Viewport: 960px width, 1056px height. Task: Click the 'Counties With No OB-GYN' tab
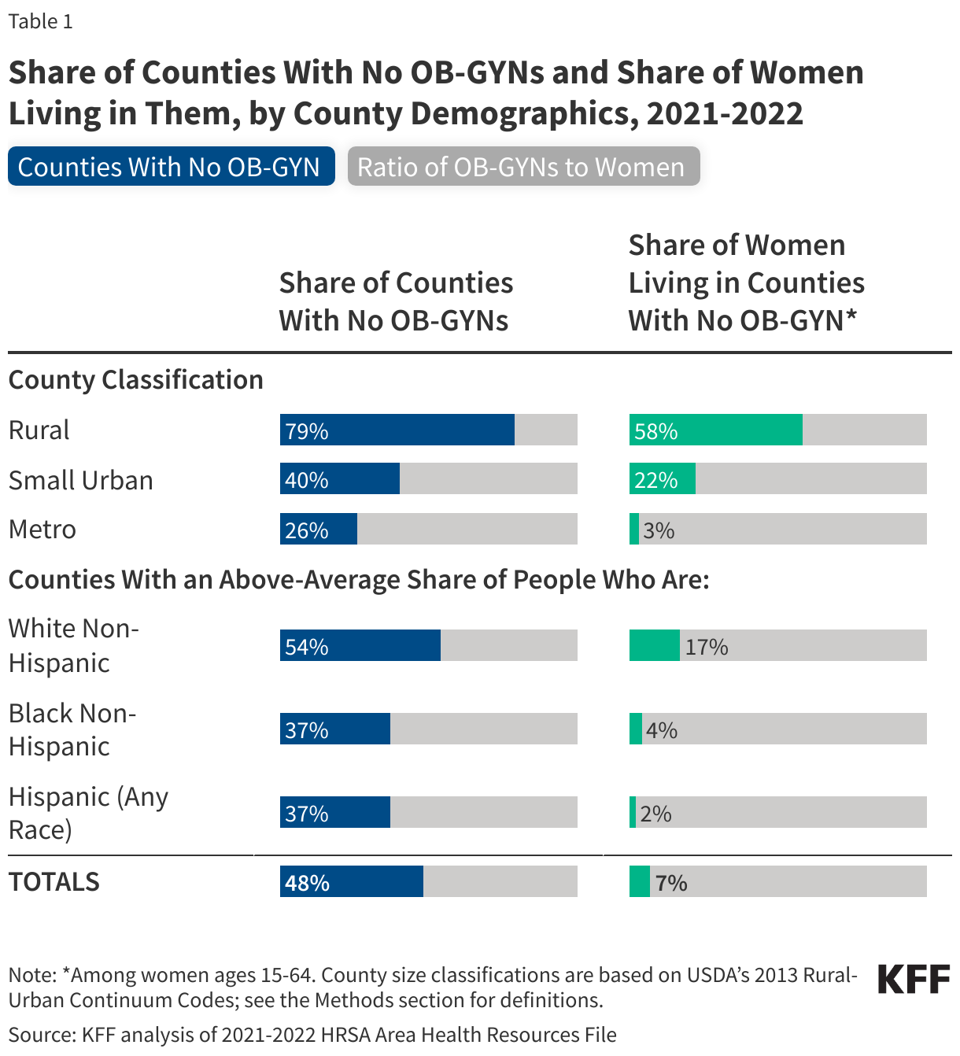[171, 167]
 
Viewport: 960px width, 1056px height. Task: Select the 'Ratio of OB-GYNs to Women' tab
[523, 167]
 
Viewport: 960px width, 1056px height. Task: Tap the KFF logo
[914, 980]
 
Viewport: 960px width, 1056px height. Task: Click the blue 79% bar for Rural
[397, 430]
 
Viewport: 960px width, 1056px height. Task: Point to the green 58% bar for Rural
[715, 430]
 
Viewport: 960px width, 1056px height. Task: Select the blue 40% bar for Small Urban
[339, 479]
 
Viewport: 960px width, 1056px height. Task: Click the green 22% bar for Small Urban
[662, 479]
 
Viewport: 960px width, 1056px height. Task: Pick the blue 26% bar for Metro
[318, 530]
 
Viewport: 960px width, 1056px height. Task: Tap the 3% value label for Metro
[659, 530]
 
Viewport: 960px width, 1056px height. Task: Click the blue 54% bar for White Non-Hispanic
[360, 646]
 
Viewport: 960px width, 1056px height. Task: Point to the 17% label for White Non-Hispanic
[706, 647]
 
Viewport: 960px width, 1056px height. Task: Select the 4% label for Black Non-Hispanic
[661, 730]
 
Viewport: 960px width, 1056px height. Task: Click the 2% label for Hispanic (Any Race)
[655, 814]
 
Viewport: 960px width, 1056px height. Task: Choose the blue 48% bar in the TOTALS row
[351, 882]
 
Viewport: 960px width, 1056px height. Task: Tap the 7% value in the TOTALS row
[670, 883]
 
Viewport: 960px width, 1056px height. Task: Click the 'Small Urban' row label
[80, 480]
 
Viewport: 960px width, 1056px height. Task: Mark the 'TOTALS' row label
[54, 882]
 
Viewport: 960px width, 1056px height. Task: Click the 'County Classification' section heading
[135, 380]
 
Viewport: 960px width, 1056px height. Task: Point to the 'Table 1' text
[40, 21]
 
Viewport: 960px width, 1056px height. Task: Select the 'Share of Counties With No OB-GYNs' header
[396, 301]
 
